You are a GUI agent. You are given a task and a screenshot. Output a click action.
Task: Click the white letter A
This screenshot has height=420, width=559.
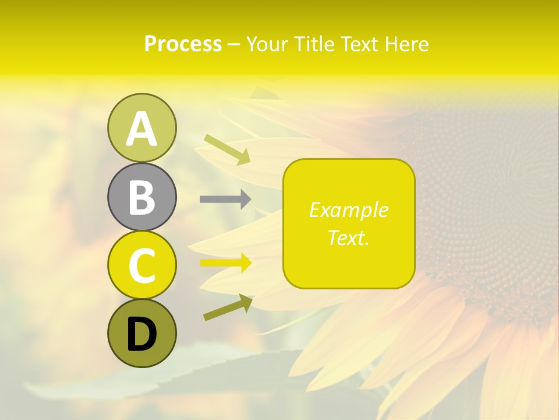point(141,129)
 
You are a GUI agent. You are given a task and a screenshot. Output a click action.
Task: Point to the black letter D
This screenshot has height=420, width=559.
point(141,334)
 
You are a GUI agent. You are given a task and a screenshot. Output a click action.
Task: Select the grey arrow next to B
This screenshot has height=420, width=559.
point(225,199)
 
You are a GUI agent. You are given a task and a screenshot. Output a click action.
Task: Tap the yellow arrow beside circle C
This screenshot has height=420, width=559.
point(225,263)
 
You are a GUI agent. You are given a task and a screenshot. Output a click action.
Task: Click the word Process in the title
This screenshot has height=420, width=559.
point(183,44)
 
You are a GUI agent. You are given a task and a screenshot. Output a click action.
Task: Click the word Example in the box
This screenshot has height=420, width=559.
point(348,210)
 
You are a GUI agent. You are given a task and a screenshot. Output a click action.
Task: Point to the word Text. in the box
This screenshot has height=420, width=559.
point(348,237)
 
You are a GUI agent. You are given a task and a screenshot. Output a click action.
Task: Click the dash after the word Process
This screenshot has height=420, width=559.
point(233,44)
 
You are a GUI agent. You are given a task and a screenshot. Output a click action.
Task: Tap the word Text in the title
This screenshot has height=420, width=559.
point(361,44)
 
